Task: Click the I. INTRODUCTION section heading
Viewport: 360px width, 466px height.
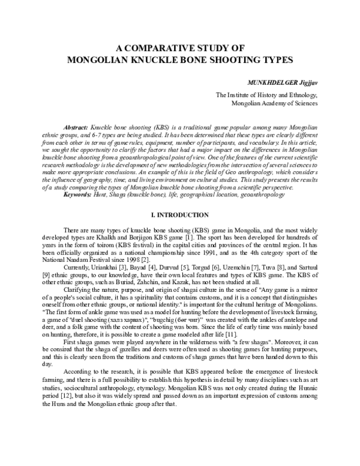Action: pos(180,214)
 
